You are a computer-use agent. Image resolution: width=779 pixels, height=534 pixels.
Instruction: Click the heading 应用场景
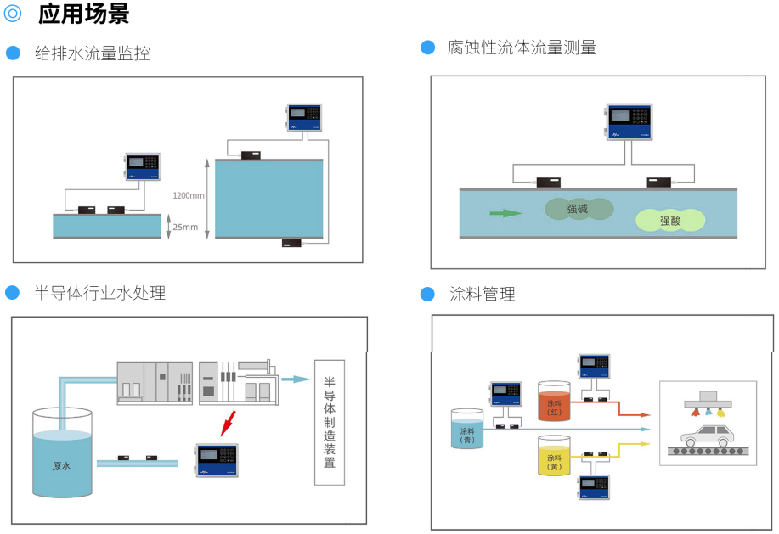coord(83,14)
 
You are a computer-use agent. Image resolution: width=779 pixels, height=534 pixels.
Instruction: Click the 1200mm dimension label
coord(189,195)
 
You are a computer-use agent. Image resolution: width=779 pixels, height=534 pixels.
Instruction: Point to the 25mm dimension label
coord(184,227)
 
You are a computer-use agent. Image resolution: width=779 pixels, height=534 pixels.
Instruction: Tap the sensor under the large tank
coord(292,244)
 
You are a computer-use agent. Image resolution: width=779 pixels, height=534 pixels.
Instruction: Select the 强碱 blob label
coord(579,208)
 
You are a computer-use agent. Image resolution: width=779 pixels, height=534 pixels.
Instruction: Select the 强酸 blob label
coord(670,221)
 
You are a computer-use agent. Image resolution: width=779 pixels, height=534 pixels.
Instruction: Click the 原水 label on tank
coord(61,466)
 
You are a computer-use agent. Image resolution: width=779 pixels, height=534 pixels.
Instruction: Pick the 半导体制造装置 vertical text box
coord(330,423)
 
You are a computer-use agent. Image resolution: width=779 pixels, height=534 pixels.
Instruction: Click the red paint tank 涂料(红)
coord(554,402)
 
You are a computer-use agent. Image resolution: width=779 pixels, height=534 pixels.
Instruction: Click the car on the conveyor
coord(706,436)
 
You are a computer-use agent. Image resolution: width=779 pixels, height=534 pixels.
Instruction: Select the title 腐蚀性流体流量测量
coord(522,48)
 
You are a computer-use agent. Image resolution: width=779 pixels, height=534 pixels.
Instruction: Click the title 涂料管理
coord(482,295)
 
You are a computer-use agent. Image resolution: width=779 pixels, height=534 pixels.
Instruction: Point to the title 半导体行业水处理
coord(99,293)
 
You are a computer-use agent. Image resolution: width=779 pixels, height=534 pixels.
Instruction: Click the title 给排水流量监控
coord(92,53)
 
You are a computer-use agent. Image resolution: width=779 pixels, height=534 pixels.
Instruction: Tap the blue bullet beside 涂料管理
coord(428,294)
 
